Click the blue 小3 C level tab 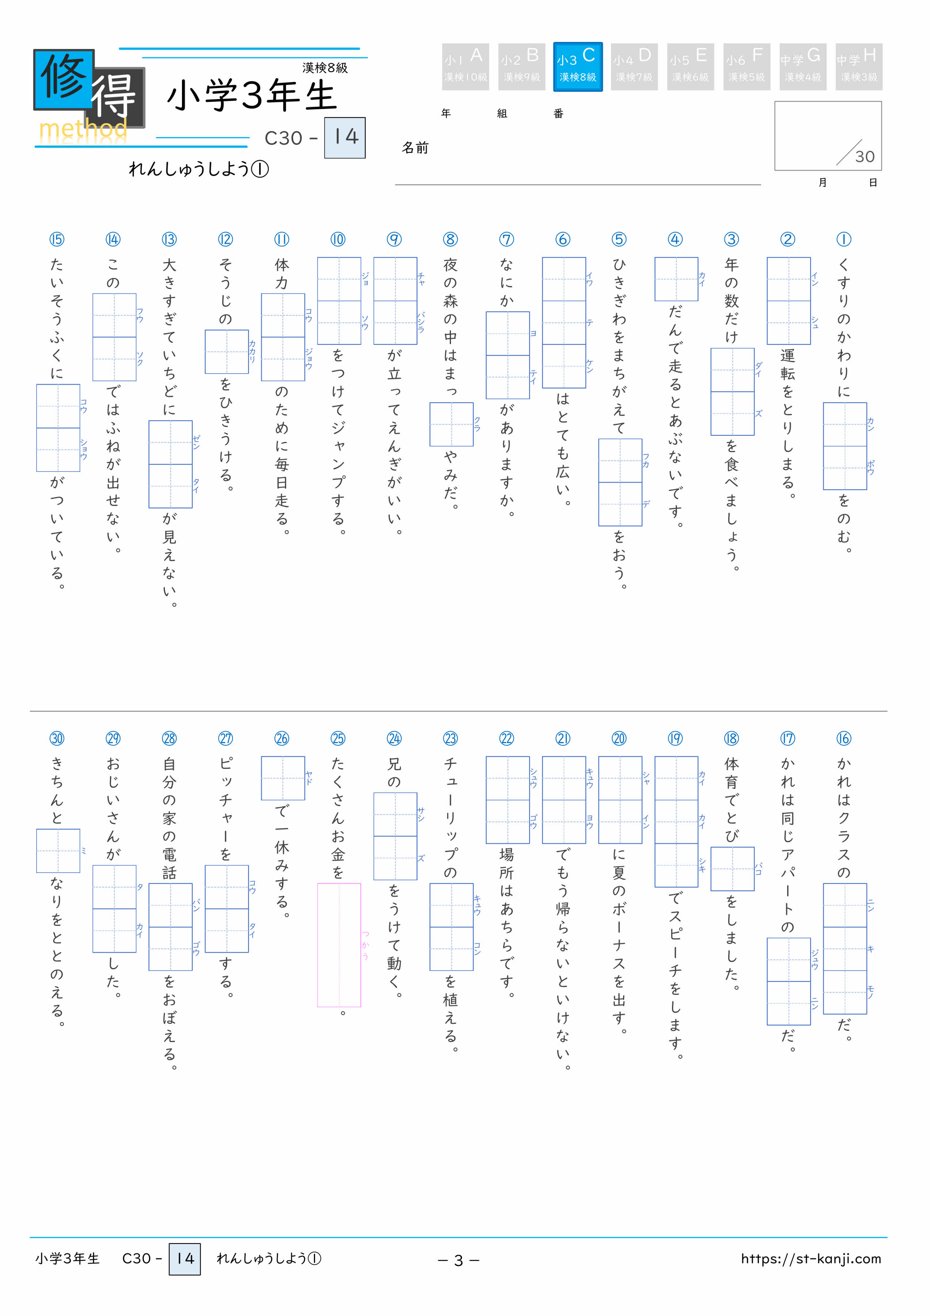click(578, 67)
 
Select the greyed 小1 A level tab click(465, 67)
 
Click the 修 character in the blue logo click(64, 79)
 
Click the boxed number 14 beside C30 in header click(345, 137)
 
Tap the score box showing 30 click(828, 136)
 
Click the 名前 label click(415, 148)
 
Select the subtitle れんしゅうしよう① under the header click(199, 169)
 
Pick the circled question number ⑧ click(451, 239)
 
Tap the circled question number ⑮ click(57, 239)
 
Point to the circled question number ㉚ click(57, 738)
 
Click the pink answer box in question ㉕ click(339, 945)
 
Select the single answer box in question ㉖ click(283, 778)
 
